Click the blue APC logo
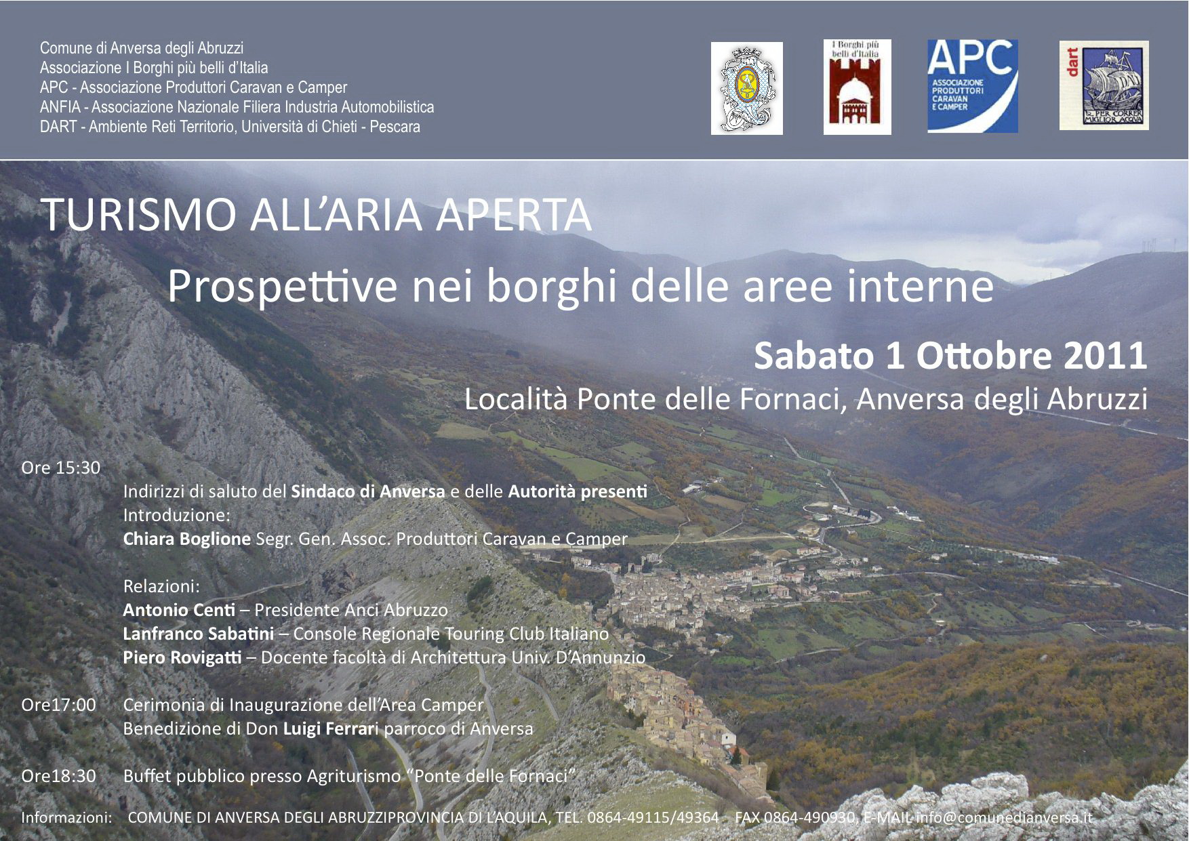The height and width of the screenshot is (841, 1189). tap(973, 86)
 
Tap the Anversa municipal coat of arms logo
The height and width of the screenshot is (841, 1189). tap(747, 88)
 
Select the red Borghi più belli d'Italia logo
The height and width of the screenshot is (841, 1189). tap(858, 87)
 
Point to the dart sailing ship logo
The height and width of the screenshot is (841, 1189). tap(1104, 85)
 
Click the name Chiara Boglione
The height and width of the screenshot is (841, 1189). tap(187, 539)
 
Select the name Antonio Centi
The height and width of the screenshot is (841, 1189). tap(179, 610)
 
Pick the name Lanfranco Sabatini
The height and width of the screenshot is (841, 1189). tap(199, 634)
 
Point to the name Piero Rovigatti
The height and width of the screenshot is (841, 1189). tap(182, 658)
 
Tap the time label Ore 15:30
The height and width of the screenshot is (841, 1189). tap(61, 468)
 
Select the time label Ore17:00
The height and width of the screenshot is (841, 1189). tap(59, 705)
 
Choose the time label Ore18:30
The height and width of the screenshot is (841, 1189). tap(59, 776)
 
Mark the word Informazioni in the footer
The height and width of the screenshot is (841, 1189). tap(66, 817)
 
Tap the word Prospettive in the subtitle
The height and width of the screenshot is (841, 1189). tap(282, 287)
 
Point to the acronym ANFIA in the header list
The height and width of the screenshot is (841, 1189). tap(60, 107)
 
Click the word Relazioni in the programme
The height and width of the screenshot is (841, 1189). tap(161, 586)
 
